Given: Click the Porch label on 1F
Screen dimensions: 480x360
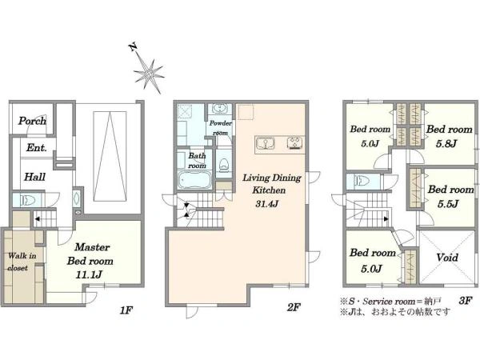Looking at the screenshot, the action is [x=32, y=121].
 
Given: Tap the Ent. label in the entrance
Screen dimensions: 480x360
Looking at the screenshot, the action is [x=37, y=148].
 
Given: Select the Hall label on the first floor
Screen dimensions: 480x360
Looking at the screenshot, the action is [x=35, y=177].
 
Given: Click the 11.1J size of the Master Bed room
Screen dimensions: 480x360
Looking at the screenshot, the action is [x=89, y=275].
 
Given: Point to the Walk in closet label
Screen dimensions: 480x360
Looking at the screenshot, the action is [x=22, y=262].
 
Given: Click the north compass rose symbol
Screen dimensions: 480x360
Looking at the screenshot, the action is [x=150, y=74].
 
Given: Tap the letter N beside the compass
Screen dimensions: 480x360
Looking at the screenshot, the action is [x=133, y=47].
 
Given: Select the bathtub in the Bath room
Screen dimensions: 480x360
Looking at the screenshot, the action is [x=194, y=181].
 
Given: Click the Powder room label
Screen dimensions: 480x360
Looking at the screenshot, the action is [x=221, y=128].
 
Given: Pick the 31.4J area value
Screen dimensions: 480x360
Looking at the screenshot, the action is [x=267, y=204].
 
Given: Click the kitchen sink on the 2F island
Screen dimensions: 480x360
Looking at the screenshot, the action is [x=265, y=143].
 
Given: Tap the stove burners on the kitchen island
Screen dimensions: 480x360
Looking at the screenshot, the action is [x=295, y=142].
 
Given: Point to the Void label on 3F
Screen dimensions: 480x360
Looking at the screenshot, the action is [x=447, y=258].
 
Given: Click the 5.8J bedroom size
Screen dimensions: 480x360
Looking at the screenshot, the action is [x=446, y=143].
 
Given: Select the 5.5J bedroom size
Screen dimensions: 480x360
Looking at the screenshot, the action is [x=448, y=203].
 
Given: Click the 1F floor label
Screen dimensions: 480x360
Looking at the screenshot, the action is [x=126, y=310].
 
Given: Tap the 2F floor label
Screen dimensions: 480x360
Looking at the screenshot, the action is [x=294, y=307].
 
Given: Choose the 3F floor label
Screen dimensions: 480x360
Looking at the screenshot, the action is [x=465, y=300].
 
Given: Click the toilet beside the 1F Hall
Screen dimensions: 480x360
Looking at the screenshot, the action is [x=27, y=201].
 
